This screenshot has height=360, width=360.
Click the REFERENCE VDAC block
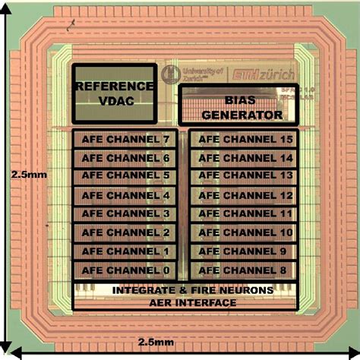[x=114, y=93]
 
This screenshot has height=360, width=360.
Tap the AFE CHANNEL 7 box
[x=125, y=140]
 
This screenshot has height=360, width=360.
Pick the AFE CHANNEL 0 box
[x=125, y=269]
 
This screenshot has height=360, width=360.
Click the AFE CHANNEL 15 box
[x=241, y=140]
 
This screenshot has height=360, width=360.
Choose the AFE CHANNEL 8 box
[x=241, y=269]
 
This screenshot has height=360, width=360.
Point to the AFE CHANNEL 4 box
[x=125, y=195]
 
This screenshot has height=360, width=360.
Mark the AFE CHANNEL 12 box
[x=241, y=195]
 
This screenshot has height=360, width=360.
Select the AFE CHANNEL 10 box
[x=241, y=232]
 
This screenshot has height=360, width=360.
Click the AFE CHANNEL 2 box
[x=125, y=232]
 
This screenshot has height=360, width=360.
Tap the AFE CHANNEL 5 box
[x=125, y=176]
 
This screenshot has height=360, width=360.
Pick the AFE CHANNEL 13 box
[x=241, y=176]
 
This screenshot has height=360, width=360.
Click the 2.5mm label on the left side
[x=26, y=174]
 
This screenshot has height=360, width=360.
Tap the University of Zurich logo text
[x=200, y=74]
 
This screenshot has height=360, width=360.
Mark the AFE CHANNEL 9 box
[x=241, y=251]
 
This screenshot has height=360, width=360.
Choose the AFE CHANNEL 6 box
[x=125, y=158]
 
